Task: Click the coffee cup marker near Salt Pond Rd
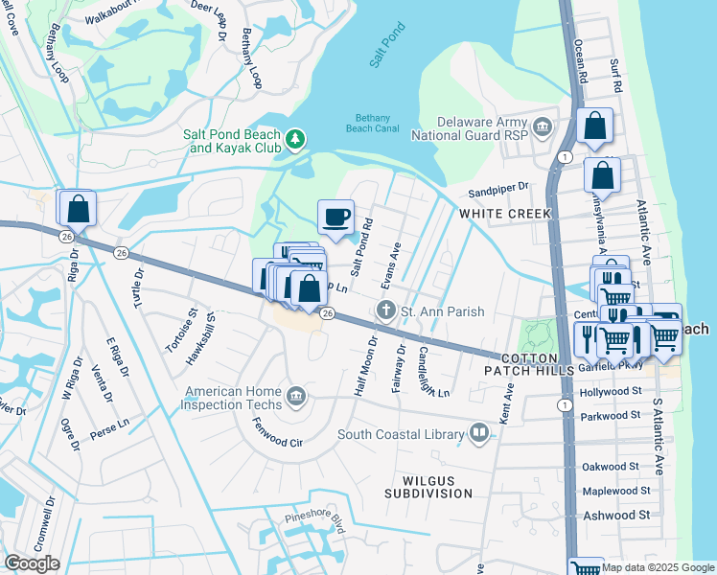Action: coord(335,218)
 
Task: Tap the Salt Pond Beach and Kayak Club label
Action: coord(233,142)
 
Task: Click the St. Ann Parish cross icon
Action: coord(385,310)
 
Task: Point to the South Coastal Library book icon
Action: coord(479,435)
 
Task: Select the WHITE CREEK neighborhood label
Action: coord(505,213)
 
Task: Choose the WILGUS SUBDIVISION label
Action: coord(428,486)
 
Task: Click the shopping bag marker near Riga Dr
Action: coord(77,208)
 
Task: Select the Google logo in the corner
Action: coord(32,563)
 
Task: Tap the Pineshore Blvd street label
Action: coord(314,520)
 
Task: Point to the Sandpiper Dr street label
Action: coord(498,187)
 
